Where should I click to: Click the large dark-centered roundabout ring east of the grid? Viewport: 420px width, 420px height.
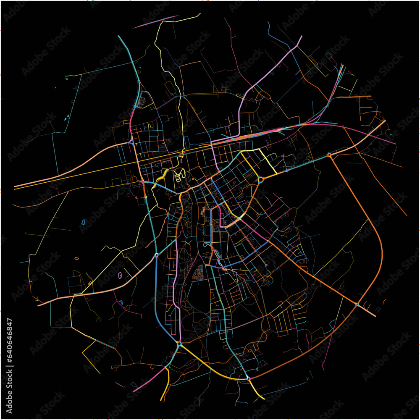pyautogui.click(x=261, y=180)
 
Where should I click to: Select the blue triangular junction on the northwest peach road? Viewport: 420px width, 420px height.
pyautogui.click(x=131, y=142)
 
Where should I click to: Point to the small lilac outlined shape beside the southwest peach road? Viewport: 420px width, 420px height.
pyautogui.click(x=121, y=275)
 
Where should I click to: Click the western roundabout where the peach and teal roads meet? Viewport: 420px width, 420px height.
pyautogui.click(x=156, y=255)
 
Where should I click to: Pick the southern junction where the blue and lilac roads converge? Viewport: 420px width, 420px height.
pyautogui.click(x=179, y=344)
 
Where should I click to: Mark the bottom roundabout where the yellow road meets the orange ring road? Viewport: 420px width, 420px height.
pyautogui.click(x=248, y=378)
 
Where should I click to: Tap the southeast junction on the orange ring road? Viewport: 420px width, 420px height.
pyautogui.click(x=357, y=304)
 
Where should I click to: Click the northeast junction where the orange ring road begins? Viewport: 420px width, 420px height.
pyautogui.click(x=329, y=155)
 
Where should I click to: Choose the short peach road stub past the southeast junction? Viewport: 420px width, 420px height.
pyautogui.click(x=367, y=311)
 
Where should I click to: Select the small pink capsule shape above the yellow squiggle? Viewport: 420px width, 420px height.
pyautogui.click(x=181, y=160)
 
